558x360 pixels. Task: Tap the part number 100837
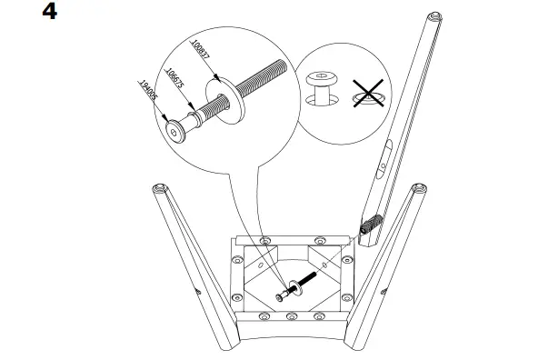coord(200,51)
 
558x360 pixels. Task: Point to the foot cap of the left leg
coord(160,189)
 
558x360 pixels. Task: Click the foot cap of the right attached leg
coord(420,188)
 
